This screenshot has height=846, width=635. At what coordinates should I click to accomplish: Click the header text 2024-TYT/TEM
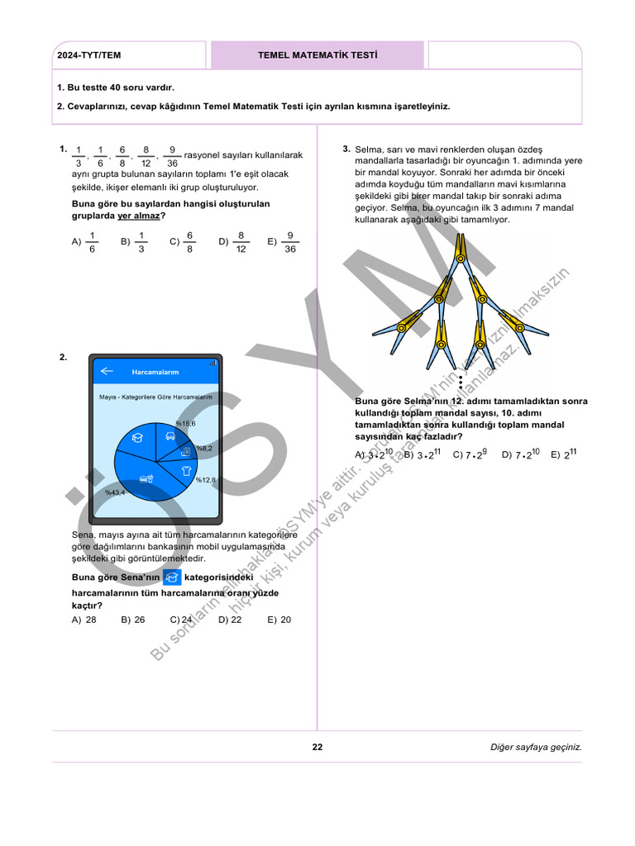88,55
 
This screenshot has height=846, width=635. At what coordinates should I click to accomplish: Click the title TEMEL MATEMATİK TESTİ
317,55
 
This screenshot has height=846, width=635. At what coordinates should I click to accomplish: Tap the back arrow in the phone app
106,372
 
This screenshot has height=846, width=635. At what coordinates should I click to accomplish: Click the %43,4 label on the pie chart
115,492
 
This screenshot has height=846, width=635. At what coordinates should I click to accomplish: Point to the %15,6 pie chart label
185,423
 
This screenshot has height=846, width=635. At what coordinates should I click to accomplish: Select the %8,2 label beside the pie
204,448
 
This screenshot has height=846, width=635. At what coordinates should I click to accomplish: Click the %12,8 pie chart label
205,480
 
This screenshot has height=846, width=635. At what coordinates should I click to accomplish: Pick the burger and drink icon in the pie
146,478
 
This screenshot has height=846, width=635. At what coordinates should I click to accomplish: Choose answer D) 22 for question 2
230,620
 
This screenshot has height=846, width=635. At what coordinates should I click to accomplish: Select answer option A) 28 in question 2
84,620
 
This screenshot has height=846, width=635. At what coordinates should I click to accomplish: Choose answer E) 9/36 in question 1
283,242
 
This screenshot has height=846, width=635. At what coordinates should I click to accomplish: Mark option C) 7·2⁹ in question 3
470,454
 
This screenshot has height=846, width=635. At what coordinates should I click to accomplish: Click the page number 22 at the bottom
317,747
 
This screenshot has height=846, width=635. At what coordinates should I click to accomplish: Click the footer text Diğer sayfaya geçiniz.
536,747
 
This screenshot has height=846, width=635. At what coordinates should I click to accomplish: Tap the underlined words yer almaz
138,216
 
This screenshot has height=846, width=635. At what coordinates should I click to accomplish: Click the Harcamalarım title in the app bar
155,372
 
